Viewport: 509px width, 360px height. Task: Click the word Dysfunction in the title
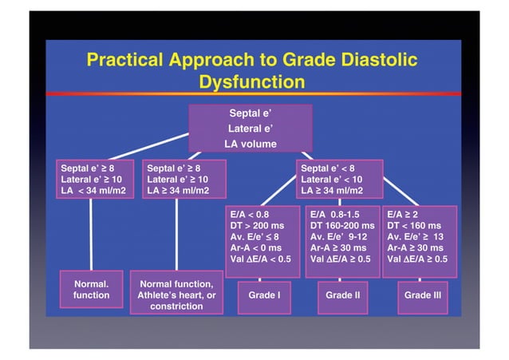coord(251,81)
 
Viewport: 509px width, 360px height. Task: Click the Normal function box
coord(91,289)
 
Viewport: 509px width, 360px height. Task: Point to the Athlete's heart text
coord(176,295)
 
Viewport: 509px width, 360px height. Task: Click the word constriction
coord(176,307)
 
